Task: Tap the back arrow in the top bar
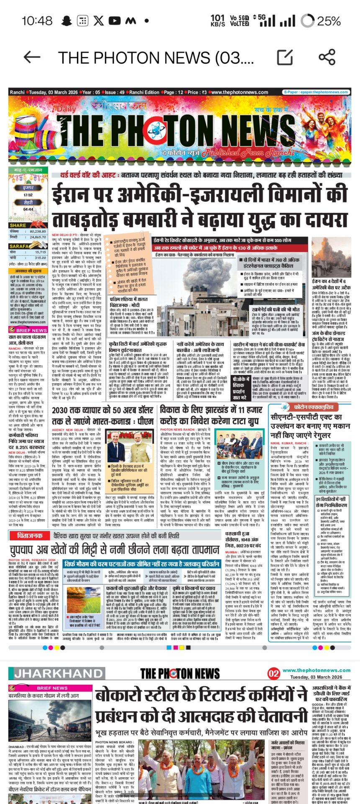pos(32,57)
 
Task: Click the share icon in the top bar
pos(327,57)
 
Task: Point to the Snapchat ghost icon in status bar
pos(66,21)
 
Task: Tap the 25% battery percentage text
pos(329,21)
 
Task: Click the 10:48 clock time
pos(37,21)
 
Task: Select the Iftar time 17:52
pos(28,195)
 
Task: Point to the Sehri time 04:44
pos(28,209)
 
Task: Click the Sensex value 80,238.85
pos(38,231)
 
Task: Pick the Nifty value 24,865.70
pos(38,237)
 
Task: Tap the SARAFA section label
pos(19,247)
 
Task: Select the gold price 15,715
pos(41,252)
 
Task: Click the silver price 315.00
pos(41,258)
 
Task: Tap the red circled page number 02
pos(274,673)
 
